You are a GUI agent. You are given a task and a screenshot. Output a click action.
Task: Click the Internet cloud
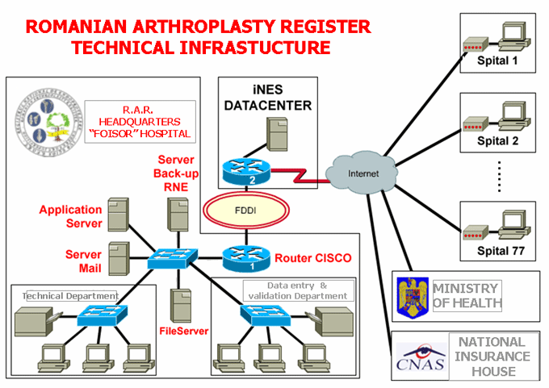(x=362, y=171)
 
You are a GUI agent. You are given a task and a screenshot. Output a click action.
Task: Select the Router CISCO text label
(x=313, y=259)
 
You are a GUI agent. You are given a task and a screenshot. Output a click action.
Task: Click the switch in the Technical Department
(x=99, y=316)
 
